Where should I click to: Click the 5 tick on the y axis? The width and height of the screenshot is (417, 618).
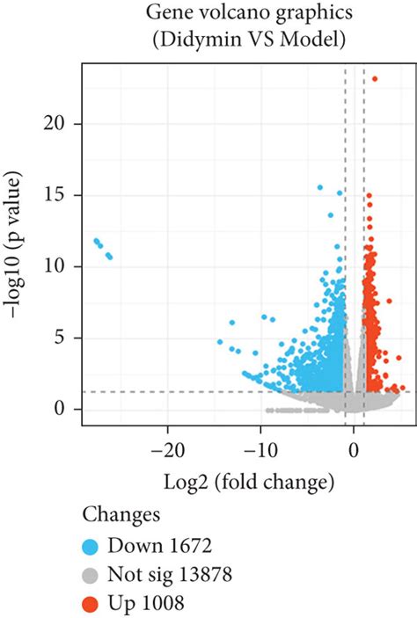66,338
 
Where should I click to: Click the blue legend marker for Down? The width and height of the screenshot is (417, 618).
91,545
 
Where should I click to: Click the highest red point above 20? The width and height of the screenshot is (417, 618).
375,78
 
